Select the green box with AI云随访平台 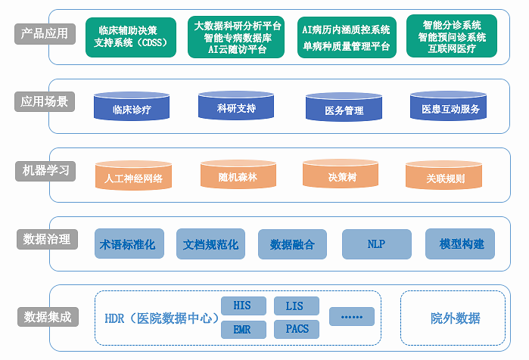click(x=238, y=37)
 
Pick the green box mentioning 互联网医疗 click(x=453, y=37)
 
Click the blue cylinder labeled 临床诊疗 click(x=132, y=108)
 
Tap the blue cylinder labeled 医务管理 click(x=344, y=109)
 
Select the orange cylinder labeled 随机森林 click(x=238, y=175)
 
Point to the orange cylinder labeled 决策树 click(x=341, y=175)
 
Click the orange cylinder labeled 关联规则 click(x=445, y=178)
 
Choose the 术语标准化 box click(x=128, y=244)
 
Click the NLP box click(x=376, y=244)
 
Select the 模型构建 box click(x=461, y=244)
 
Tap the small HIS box click(x=243, y=306)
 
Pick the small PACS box click(x=297, y=329)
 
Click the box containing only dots click(x=352, y=316)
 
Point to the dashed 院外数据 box click(x=455, y=318)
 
